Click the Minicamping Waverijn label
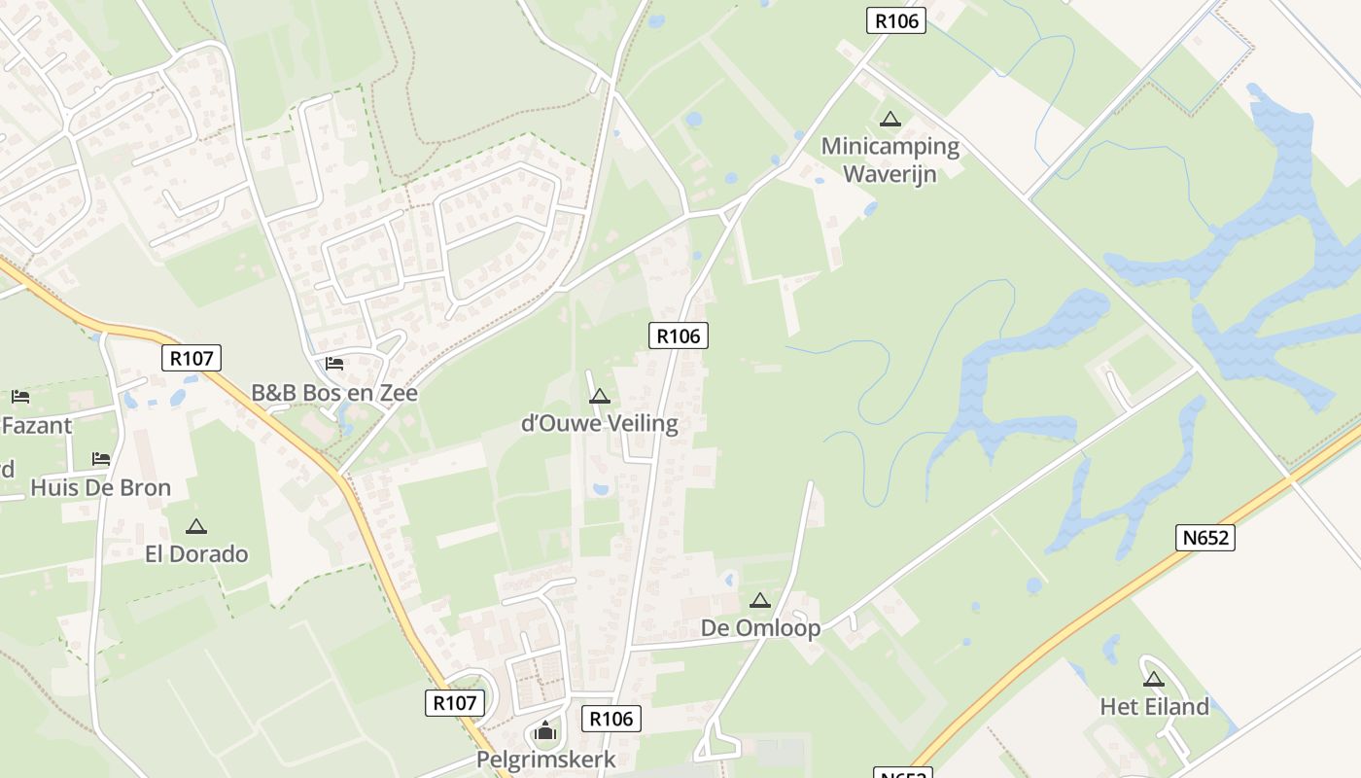point(890,160)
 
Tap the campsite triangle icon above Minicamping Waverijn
point(890,120)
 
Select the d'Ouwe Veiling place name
point(600,424)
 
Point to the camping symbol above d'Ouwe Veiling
point(599,397)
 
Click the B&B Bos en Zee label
point(334,393)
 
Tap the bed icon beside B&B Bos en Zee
point(334,364)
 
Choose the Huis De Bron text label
point(100,487)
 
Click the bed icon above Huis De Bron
point(101,458)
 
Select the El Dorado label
point(196,554)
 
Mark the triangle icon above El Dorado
point(196,527)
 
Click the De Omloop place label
point(760,628)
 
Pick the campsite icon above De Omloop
point(760,601)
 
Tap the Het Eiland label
point(1154,707)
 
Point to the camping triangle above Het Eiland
point(1154,680)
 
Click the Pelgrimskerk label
point(545,760)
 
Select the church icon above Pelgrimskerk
point(545,730)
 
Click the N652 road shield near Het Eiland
point(1205,538)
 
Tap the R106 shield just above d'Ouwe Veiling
point(678,336)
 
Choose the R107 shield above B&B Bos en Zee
point(192,358)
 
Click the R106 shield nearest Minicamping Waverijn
point(895,20)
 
